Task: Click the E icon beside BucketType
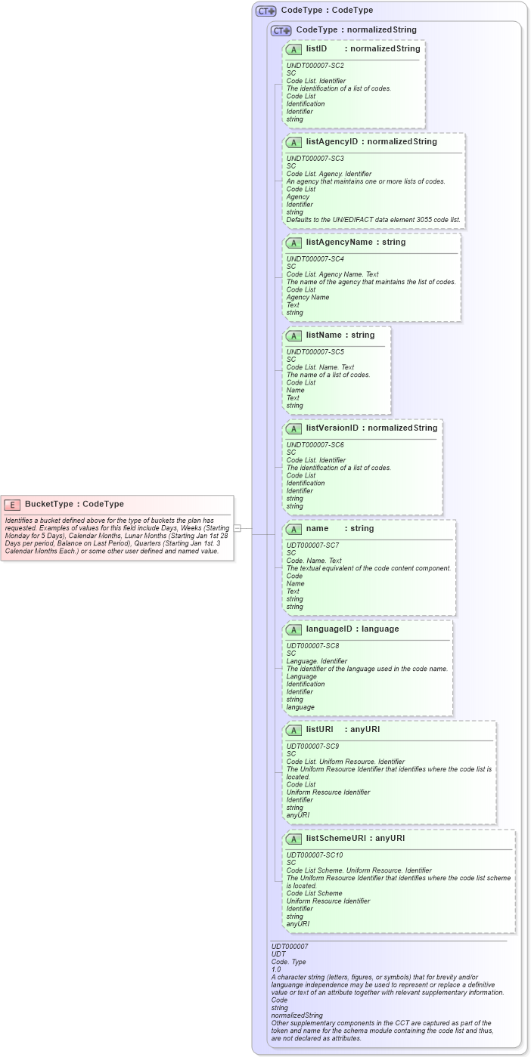12,504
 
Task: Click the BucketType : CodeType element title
74,504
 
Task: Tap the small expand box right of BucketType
237,528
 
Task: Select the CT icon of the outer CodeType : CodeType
265,11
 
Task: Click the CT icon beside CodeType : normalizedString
281,30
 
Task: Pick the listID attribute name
316,48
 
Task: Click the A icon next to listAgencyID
293,142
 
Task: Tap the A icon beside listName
293,335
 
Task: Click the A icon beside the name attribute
293,529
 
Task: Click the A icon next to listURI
293,730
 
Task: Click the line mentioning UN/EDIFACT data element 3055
373,220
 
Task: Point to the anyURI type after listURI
365,730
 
